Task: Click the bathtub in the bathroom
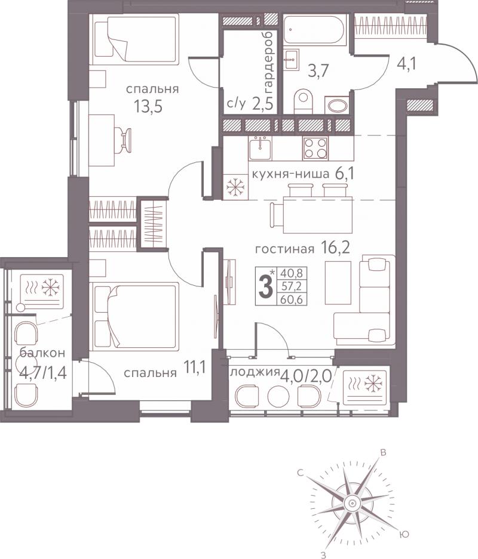[315, 30]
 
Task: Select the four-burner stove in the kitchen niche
[315, 148]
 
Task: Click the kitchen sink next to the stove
[261, 148]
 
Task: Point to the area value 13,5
[148, 106]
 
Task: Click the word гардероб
[268, 60]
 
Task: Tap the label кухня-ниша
[290, 174]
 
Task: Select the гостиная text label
[284, 249]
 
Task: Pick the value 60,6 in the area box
[292, 299]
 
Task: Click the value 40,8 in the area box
[292, 273]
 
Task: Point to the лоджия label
[255, 372]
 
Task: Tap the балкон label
[42, 353]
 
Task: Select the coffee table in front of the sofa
[338, 282]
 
